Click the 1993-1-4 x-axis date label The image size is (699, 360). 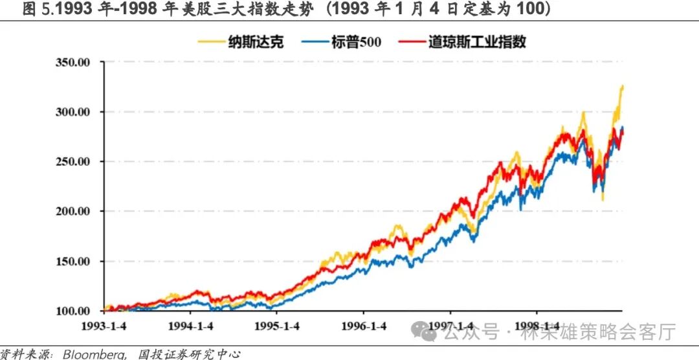coord(106,325)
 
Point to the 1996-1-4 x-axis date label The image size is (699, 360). coord(364,325)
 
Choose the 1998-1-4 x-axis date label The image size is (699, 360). coord(536,325)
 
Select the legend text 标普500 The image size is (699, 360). coord(355,42)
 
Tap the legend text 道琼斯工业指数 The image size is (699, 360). coord(477,42)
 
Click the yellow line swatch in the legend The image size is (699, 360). coord(211,42)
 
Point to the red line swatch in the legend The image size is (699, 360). coord(410,42)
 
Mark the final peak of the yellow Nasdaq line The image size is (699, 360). coord(622,85)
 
